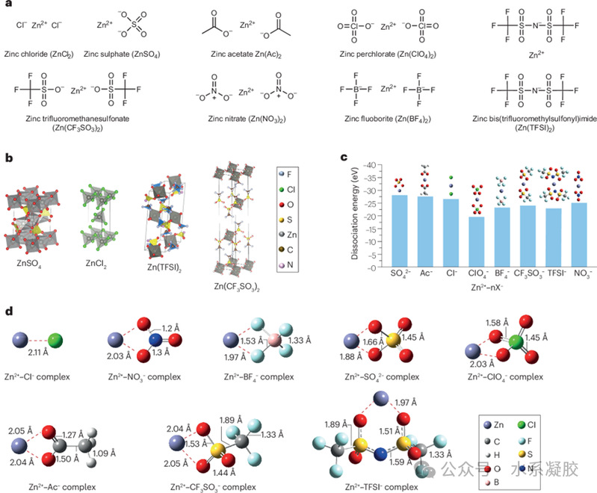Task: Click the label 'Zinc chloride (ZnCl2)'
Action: (x=42, y=53)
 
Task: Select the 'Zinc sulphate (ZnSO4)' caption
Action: (x=122, y=53)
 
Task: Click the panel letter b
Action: (x=8, y=158)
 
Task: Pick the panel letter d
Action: (x=8, y=308)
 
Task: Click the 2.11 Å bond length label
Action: (x=38, y=363)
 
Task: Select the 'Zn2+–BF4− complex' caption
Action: (x=259, y=376)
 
